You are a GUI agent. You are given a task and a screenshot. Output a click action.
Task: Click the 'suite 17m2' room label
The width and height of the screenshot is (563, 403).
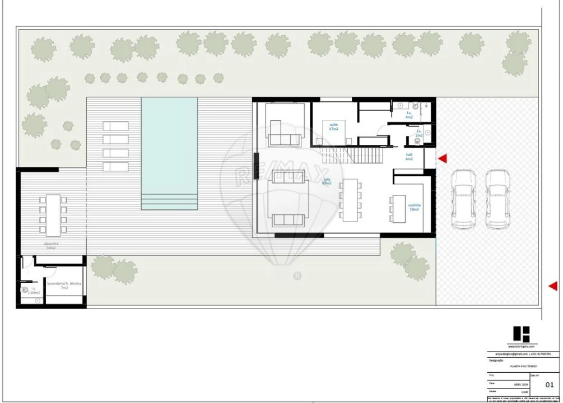pos(333,126)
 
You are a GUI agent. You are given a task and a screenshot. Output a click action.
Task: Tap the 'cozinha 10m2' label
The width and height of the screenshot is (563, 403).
pos(414,208)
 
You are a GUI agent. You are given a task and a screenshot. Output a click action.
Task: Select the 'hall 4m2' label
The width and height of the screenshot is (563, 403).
pos(409,157)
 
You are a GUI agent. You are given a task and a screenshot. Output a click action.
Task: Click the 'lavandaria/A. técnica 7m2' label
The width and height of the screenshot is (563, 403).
pos(64,285)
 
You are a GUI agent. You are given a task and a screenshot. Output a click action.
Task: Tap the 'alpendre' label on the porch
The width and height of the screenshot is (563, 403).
pos(52,245)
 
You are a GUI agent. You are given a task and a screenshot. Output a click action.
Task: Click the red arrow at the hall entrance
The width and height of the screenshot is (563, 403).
pos(443,159)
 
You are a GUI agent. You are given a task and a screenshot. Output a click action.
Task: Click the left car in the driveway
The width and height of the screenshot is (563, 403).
pos(464,199)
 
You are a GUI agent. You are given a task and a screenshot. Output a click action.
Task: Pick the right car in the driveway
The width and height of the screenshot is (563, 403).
pos(497,199)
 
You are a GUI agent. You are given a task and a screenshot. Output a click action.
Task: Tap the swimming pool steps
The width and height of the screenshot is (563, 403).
pos(169,201)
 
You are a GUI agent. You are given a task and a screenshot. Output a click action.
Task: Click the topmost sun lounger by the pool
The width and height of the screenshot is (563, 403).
pos(115,126)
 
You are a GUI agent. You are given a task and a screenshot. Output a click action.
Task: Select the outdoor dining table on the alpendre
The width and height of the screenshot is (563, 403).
pos(53,214)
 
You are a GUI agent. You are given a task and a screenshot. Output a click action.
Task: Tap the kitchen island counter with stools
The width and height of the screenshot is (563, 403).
pos(399,207)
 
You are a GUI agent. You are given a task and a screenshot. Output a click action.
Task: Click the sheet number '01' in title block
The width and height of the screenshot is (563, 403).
pos(549,385)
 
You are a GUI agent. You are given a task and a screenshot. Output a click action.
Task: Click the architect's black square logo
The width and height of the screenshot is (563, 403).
pos(520,334)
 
